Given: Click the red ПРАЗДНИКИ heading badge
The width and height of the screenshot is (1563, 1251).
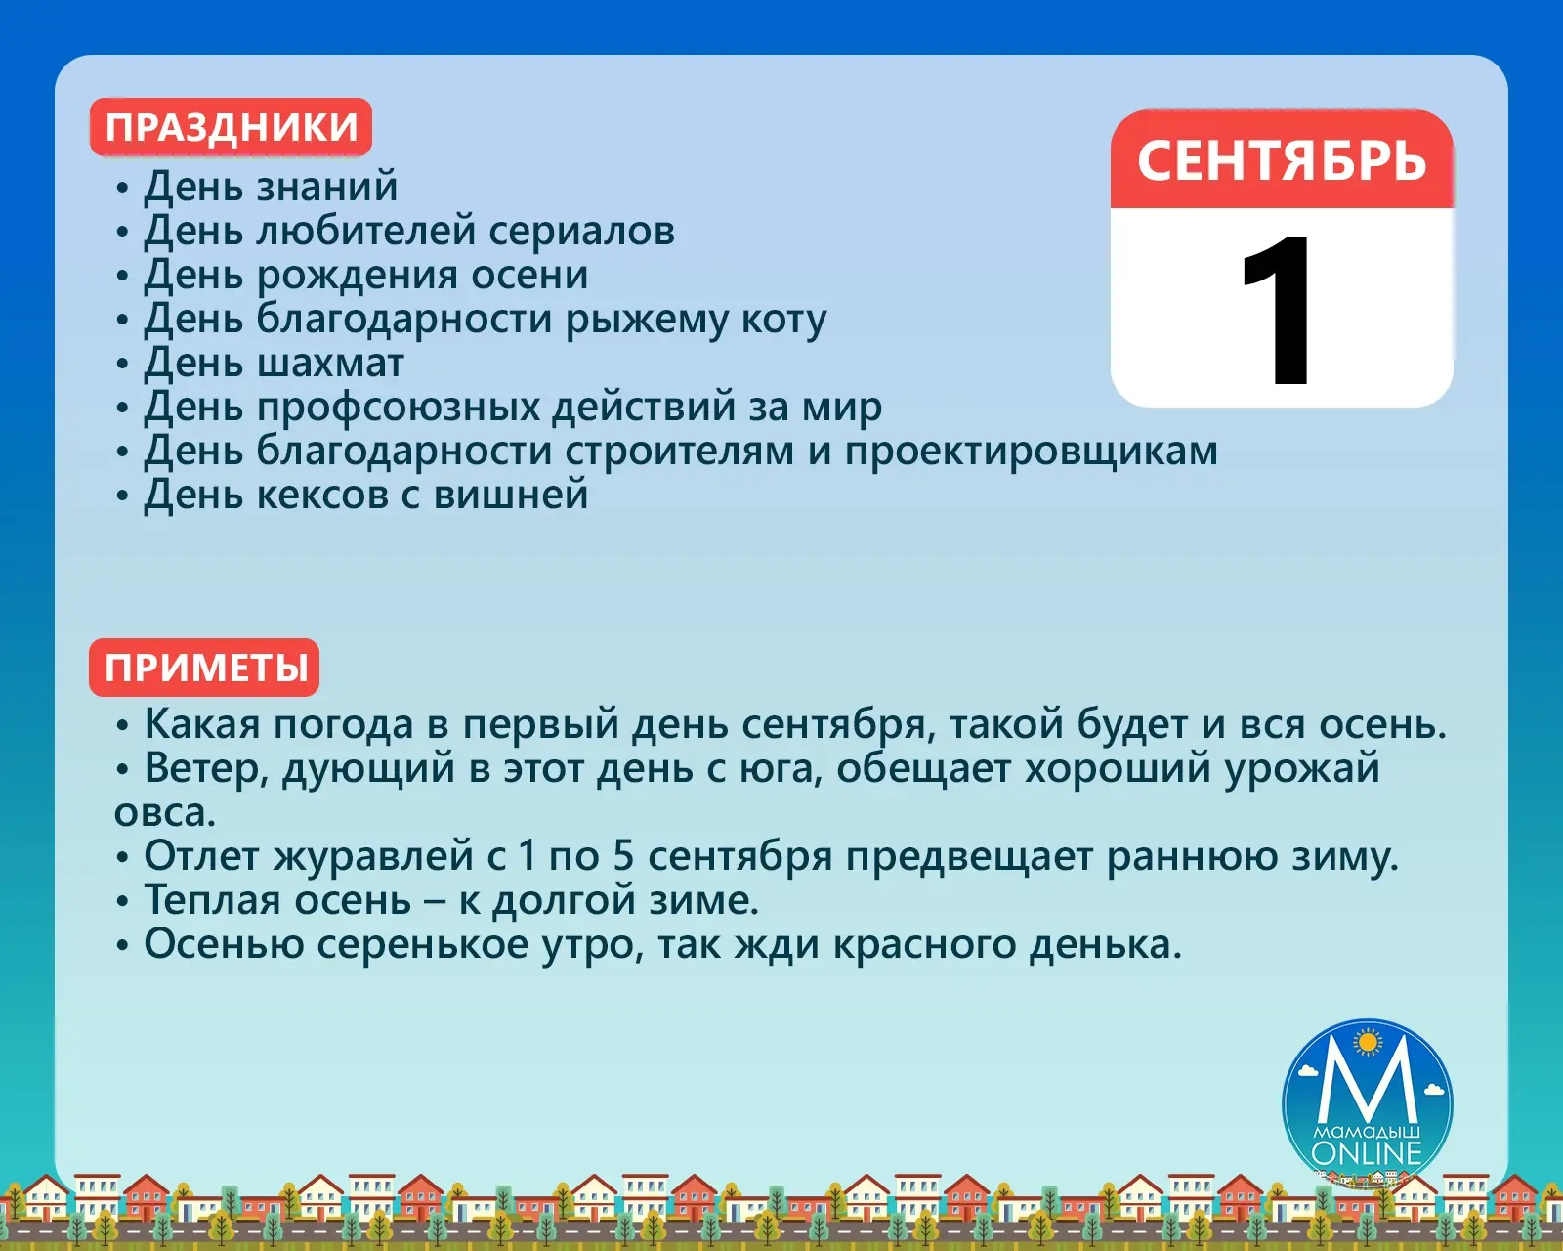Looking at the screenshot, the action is pos(231,127).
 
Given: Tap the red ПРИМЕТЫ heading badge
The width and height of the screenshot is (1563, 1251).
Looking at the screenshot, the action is pos(204,668).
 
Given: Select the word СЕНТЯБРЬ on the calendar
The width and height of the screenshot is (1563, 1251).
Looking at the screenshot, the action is pos(1282,160).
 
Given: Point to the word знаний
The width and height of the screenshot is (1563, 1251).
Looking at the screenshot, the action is pos(327,186).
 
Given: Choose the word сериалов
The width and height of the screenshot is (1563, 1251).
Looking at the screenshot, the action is pos(582,231).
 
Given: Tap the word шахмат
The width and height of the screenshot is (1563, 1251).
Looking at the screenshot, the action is pos(330,363).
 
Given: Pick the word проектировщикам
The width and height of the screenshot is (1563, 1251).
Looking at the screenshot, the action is pos(1032,453).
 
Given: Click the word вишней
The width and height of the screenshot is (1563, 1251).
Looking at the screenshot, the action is pos(511,495).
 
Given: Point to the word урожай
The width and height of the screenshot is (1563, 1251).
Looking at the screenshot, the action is pos(1302,769).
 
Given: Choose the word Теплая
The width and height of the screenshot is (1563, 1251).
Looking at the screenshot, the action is pos(212,900).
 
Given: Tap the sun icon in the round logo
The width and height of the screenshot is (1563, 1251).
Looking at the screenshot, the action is pos(1369,1043).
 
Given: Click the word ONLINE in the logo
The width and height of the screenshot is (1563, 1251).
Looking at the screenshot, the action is pos(1367,1153).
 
